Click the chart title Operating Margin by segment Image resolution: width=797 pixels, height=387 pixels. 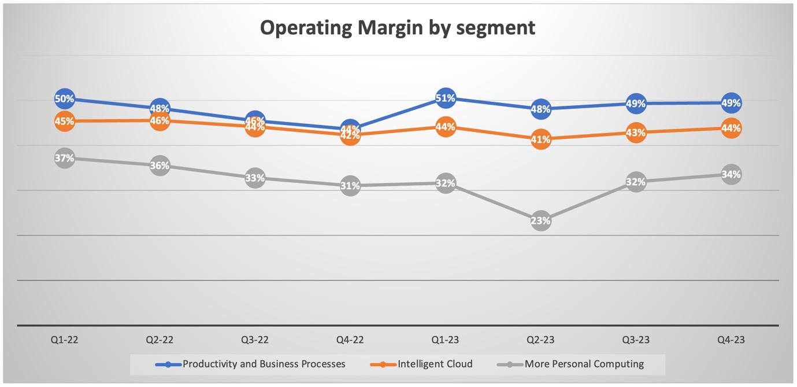pyautogui.click(x=398, y=27)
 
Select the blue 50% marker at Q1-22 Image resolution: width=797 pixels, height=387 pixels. pyautogui.click(x=64, y=99)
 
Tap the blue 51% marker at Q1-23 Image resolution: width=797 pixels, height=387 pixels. pyautogui.click(x=446, y=98)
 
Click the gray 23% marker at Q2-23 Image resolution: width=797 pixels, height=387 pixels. pyautogui.click(x=541, y=220)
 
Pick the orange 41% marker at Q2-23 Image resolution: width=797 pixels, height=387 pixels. pyautogui.click(x=541, y=139)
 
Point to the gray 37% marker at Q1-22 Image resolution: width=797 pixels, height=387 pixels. pyautogui.click(x=64, y=158)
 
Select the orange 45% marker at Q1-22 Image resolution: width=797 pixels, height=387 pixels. pyautogui.click(x=64, y=121)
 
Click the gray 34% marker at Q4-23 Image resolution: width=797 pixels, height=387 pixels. pyautogui.click(x=731, y=174)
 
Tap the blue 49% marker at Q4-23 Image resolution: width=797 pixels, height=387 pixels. pyautogui.click(x=731, y=103)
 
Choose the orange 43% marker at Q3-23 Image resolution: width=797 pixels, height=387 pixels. pyautogui.click(x=636, y=132)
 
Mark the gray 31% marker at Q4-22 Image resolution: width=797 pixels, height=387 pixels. pyautogui.click(x=350, y=186)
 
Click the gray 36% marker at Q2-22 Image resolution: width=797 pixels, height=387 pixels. pyautogui.click(x=160, y=166)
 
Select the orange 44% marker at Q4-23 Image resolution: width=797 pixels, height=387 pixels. pyautogui.click(x=731, y=128)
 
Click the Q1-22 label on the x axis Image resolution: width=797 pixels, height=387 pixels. pyautogui.click(x=64, y=340)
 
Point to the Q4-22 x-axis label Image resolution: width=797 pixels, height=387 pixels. pyautogui.click(x=350, y=340)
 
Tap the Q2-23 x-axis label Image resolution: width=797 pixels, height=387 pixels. pyautogui.click(x=541, y=340)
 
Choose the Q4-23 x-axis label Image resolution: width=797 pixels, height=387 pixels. pyautogui.click(x=731, y=340)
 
